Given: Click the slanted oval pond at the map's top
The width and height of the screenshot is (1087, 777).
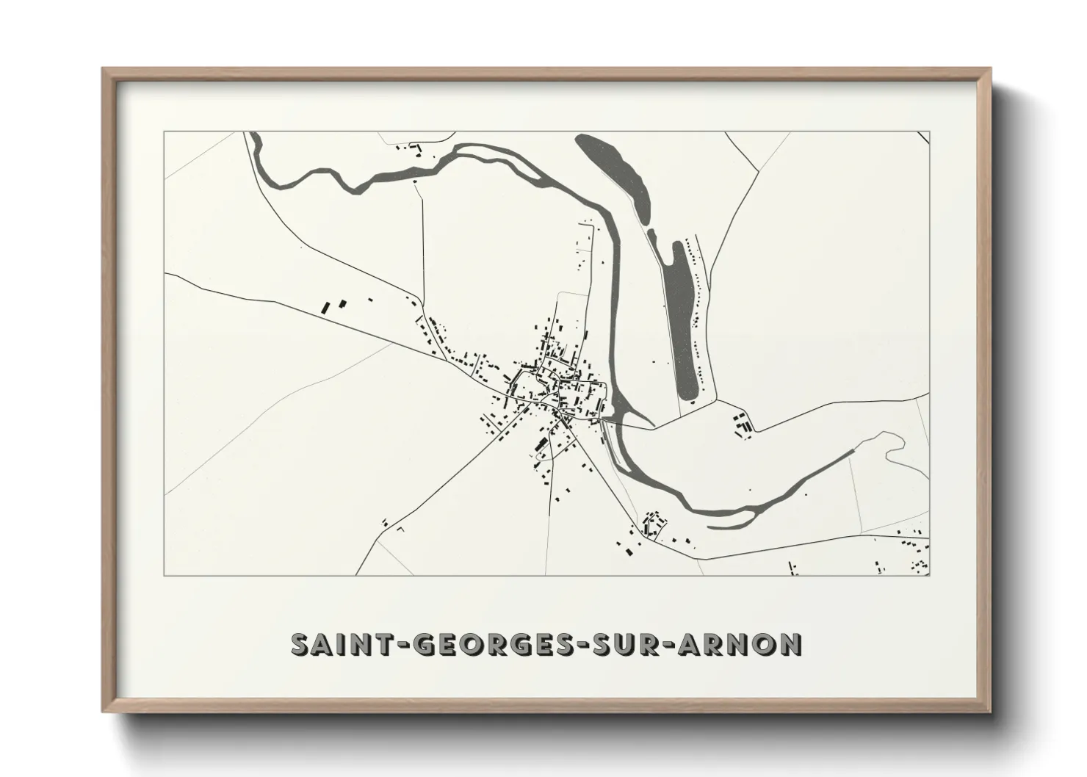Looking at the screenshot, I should coord(613,176).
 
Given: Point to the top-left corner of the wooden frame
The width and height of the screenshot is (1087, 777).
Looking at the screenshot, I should coord(103,68).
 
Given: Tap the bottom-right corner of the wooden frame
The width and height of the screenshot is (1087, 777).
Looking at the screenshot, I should coord(992,712).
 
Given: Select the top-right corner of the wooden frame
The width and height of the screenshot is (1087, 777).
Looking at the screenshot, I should coord(992,68).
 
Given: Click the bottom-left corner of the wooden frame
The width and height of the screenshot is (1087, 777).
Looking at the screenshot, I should coord(103,712).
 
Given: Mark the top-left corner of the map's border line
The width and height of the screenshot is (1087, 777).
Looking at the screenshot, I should coord(165,132).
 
